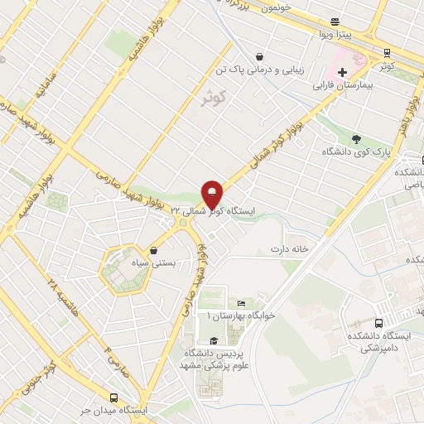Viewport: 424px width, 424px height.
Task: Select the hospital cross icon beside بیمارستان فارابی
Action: pyautogui.click(x=342, y=72)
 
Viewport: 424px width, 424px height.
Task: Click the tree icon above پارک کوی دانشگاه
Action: pyautogui.click(x=356, y=138)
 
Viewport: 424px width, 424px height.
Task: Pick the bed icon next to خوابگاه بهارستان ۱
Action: pyautogui.click(x=241, y=304)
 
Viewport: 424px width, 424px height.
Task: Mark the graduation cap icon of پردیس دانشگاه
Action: pyautogui.click(x=214, y=340)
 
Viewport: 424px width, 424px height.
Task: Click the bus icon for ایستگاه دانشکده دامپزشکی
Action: pyautogui.click(x=378, y=323)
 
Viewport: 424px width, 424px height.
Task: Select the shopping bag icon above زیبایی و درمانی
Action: pyautogui.click(x=260, y=57)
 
